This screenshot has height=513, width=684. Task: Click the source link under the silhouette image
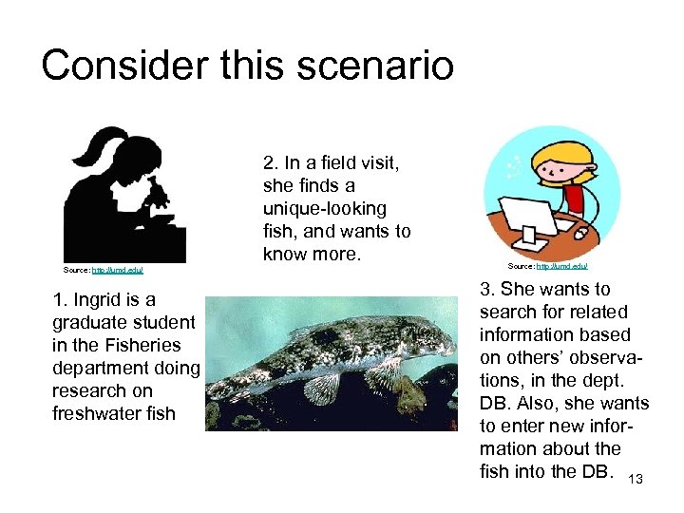point(117,271)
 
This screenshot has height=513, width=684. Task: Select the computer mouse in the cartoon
point(580,231)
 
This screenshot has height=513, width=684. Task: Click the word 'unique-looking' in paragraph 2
point(324,208)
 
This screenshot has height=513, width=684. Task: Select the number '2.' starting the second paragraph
point(271,162)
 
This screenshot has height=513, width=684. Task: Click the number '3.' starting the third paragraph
point(488,289)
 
